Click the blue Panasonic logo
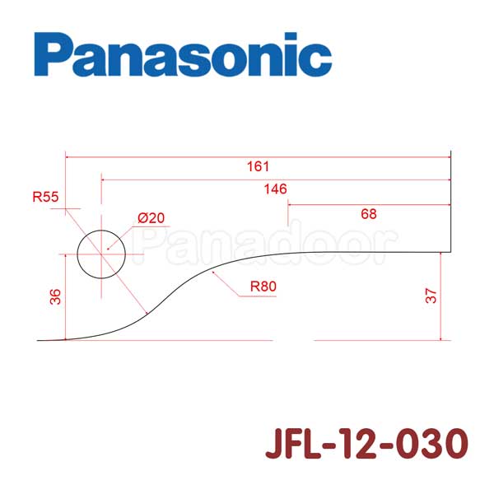point(183,54)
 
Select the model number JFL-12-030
point(366,444)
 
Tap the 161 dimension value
point(258,166)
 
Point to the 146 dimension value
point(275,189)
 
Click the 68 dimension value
point(369,214)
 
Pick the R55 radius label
point(45,197)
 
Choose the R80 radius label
point(263,287)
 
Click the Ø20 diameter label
point(151,218)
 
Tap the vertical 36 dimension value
point(55,296)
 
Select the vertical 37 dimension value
point(431,296)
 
